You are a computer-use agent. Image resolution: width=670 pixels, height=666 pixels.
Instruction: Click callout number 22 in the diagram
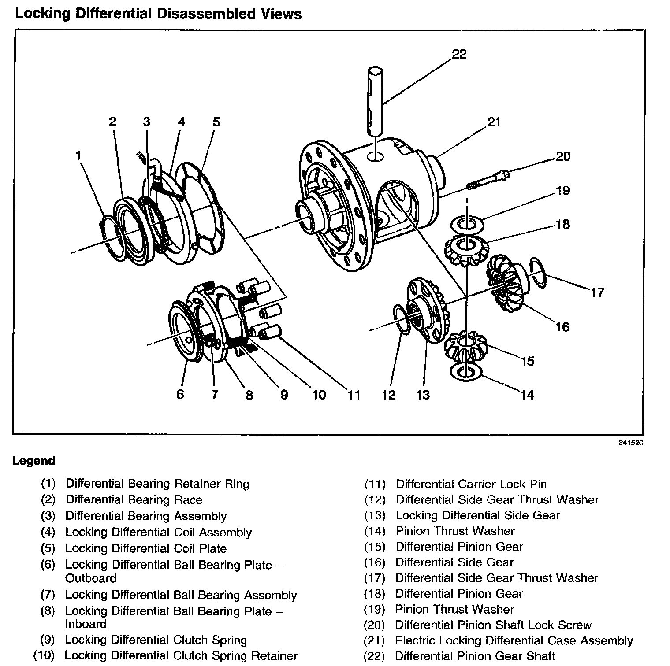click(459, 54)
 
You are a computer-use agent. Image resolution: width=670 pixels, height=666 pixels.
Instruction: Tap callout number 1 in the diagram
click(78, 155)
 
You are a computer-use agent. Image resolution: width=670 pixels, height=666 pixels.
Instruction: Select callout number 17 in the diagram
click(597, 292)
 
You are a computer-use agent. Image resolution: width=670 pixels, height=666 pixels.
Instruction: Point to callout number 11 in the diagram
click(354, 395)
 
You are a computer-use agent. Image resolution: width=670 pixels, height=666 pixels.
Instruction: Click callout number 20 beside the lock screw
click(563, 156)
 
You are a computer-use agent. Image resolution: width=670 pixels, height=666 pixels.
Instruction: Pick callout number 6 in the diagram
click(180, 394)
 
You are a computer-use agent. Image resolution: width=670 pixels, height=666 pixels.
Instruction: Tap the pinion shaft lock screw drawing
click(488, 181)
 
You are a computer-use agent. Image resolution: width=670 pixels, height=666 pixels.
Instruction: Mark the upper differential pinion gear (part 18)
click(466, 250)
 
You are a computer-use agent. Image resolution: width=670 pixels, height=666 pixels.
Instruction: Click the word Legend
click(33, 461)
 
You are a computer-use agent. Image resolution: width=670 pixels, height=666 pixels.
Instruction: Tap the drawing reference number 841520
click(631, 443)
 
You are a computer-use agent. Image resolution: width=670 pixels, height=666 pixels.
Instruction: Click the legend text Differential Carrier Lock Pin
click(471, 484)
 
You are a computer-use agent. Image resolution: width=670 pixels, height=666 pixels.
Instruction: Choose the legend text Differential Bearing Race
click(134, 500)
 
